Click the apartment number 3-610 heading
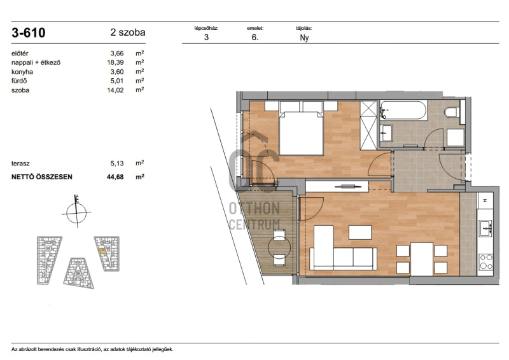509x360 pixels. (x=29, y=33)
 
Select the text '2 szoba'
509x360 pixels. (x=128, y=32)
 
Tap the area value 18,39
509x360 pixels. (x=116, y=62)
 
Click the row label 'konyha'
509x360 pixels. (x=22, y=72)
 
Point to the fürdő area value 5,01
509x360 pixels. (x=117, y=81)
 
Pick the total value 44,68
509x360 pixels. (x=115, y=177)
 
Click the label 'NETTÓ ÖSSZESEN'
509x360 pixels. (x=42, y=177)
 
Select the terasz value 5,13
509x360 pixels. (x=117, y=163)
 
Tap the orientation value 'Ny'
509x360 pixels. (x=304, y=38)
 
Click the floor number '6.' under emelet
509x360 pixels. (x=255, y=38)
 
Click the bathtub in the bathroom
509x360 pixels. (x=403, y=111)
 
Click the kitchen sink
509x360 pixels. (x=485, y=228)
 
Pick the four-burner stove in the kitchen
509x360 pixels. (x=486, y=262)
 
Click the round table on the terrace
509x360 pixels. (x=279, y=247)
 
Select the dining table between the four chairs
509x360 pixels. (x=422, y=259)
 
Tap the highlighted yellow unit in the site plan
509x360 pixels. (x=102, y=251)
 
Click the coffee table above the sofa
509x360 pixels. (x=360, y=232)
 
